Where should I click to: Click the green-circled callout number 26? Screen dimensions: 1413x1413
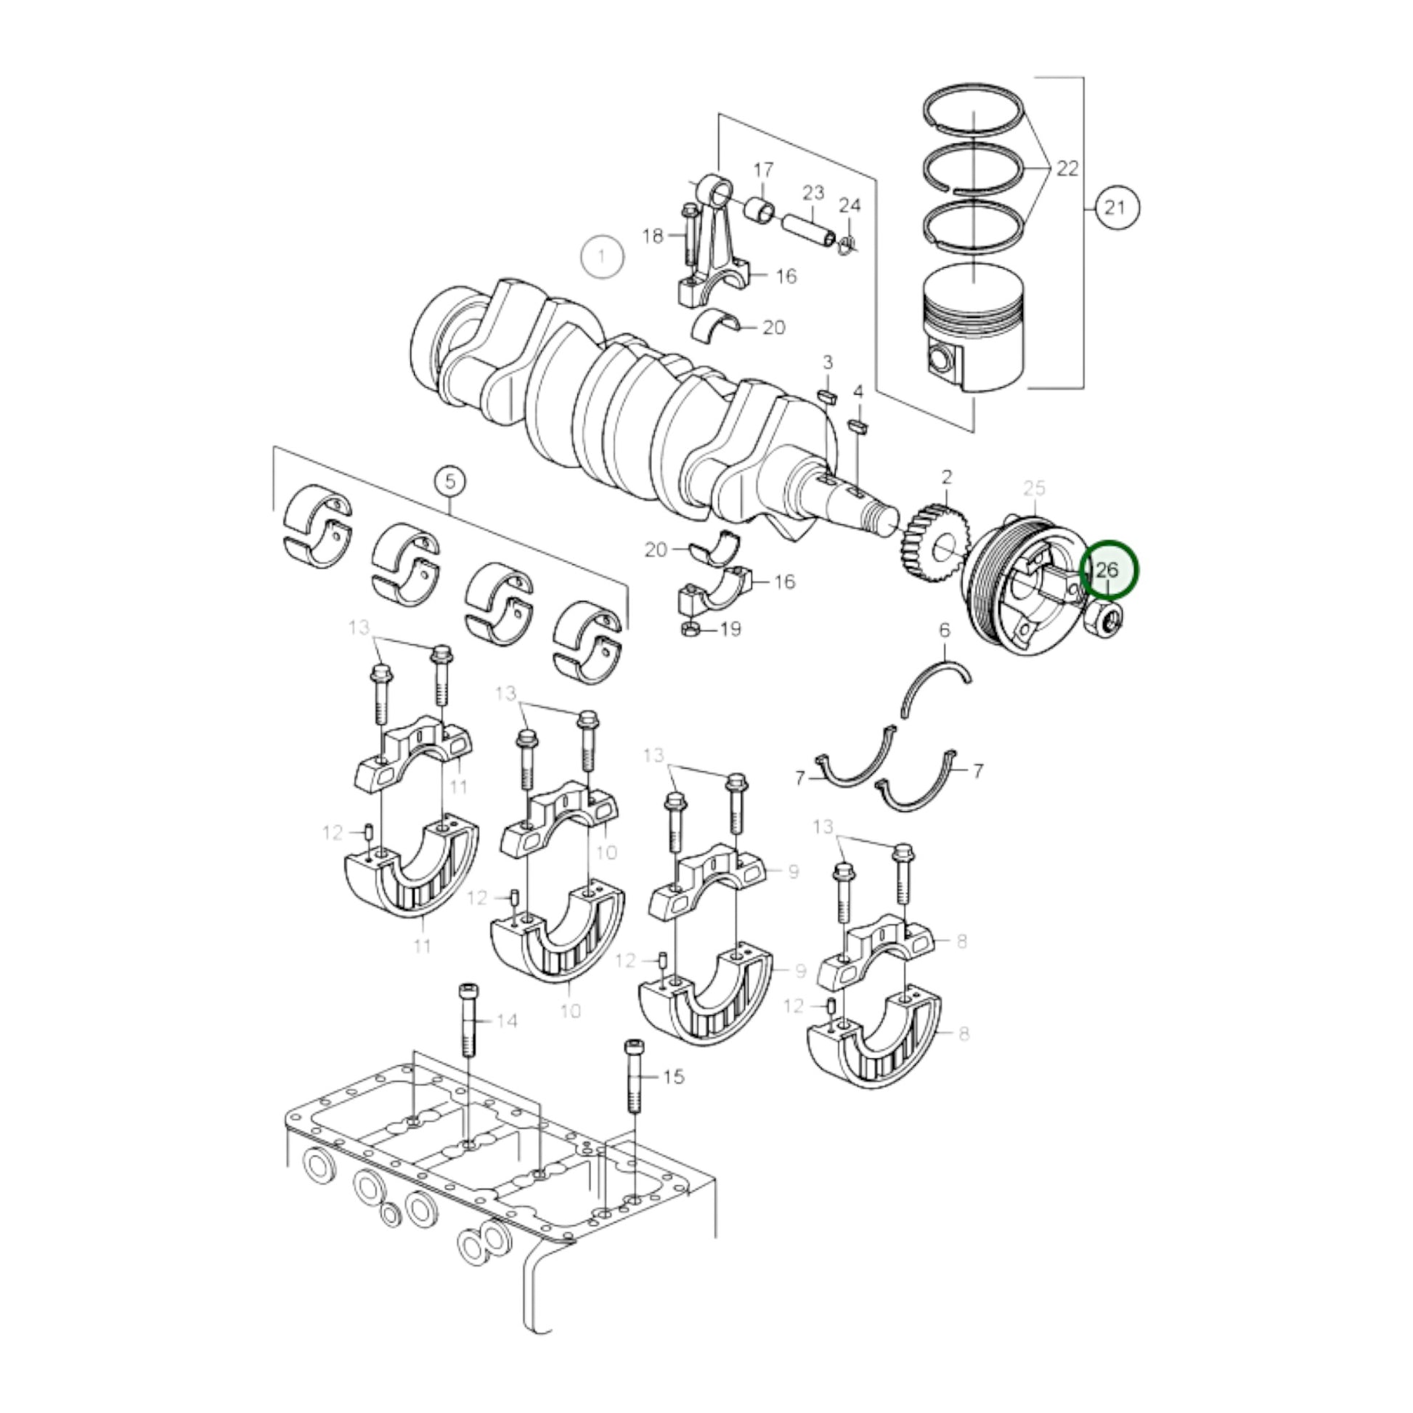(x=1109, y=570)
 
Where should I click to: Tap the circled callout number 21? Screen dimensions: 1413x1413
(x=1115, y=208)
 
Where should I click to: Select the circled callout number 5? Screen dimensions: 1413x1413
(x=449, y=481)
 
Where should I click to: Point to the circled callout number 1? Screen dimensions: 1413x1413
(x=602, y=257)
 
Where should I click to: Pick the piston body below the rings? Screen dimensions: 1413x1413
(x=973, y=329)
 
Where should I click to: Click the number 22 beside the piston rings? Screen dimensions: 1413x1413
(x=1067, y=169)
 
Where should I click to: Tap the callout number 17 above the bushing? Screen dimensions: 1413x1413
(x=763, y=171)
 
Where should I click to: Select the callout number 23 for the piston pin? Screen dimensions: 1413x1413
(x=813, y=193)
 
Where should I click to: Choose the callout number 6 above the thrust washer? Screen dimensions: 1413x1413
(x=944, y=630)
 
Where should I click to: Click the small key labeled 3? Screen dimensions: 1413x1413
(x=826, y=397)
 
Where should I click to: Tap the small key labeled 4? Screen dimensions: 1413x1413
(x=857, y=425)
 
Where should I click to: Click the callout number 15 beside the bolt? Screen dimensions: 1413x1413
(x=674, y=1077)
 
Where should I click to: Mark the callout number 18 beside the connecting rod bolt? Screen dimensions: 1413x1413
(x=652, y=236)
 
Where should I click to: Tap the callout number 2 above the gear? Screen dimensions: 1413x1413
(x=946, y=478)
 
